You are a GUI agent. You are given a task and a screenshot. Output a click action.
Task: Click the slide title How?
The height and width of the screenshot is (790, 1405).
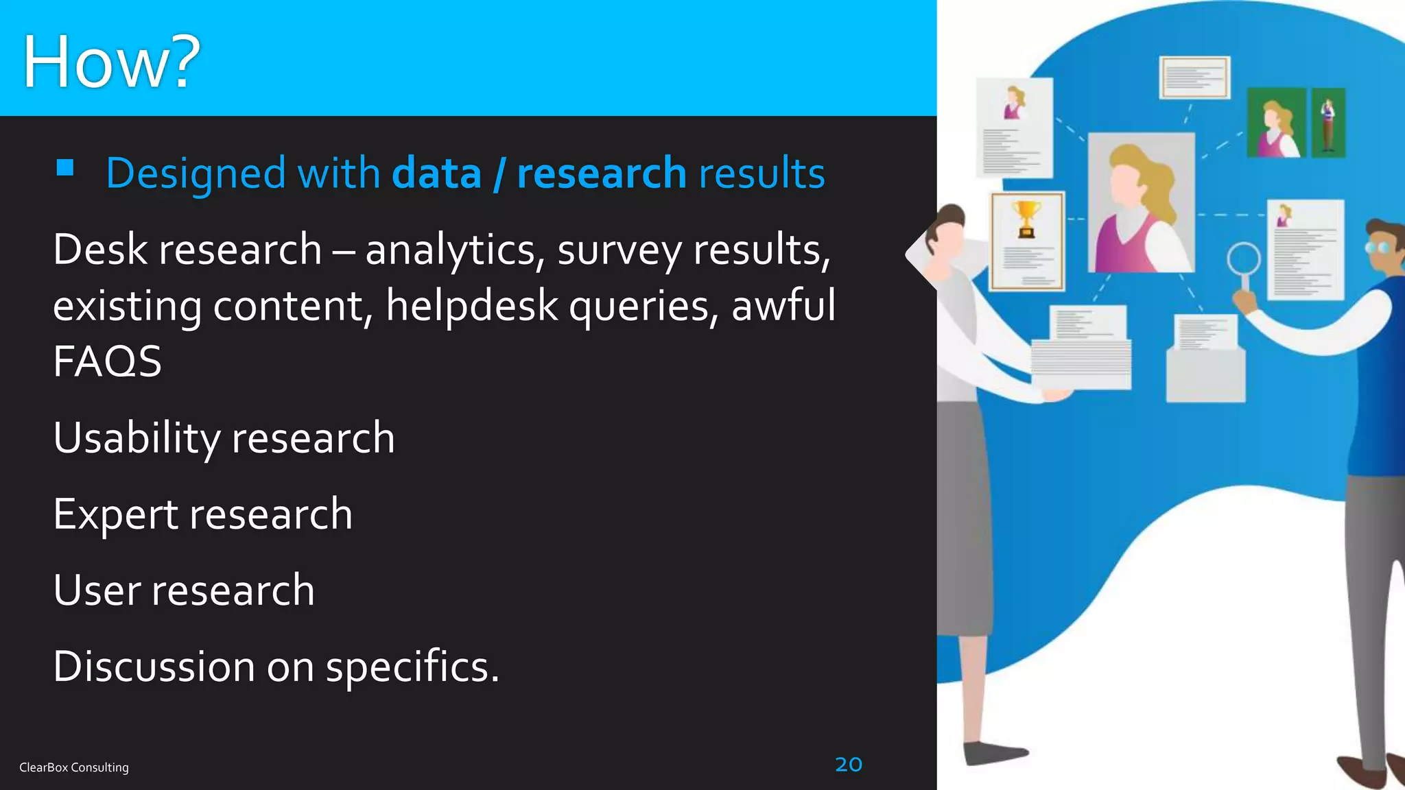[111, 62]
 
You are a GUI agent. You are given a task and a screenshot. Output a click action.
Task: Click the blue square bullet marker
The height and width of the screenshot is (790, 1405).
[65, 168]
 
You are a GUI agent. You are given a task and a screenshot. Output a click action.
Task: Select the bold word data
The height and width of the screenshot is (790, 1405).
[436, 173]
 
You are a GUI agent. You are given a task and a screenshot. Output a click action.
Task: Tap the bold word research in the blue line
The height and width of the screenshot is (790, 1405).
[601, 173]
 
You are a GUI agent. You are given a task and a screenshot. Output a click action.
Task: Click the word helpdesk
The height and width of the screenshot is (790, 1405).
[471, 306]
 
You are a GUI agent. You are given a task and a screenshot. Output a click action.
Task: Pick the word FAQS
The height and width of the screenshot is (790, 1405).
[108, 361]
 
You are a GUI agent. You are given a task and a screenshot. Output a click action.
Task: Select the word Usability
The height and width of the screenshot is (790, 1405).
[137, 439]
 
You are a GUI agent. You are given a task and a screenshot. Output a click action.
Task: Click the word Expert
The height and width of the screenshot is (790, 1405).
[115, 515]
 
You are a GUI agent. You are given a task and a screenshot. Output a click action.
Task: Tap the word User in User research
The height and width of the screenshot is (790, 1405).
[97, 590]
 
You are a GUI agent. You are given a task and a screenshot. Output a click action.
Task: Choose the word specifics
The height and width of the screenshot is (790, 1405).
[412, 667]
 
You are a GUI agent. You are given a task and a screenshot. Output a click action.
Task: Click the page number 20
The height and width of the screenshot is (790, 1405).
[849, 764]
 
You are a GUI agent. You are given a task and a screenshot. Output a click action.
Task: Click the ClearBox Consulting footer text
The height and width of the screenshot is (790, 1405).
[74, 767]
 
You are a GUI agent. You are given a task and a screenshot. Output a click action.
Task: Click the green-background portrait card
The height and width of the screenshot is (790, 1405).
[1275, 123]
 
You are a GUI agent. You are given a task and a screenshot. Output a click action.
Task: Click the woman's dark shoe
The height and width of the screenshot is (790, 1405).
[995, 752]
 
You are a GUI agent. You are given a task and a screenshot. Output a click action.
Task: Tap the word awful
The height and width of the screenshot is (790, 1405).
[783, 306]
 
